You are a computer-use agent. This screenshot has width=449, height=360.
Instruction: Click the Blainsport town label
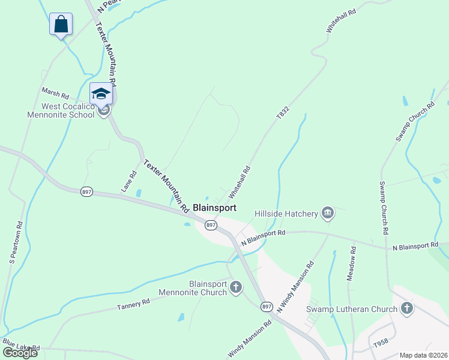pyautogui.click(x=214, y=208)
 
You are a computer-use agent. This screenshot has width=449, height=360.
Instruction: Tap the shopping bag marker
pyautogui.click(x=61, y=25)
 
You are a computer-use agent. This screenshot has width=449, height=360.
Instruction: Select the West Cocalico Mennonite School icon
pyautogui.click(x=101, y=94)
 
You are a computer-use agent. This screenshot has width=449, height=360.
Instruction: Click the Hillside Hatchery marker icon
pyautogui.click(x=328, y=212)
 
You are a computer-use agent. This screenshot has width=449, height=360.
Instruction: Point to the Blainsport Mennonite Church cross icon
pyautogui.click(x=235, y=288)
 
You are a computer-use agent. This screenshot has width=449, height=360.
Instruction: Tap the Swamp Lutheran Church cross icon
pyautogui.click(x=407, y=309)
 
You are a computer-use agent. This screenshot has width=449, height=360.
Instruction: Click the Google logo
pyautogui.click(x=20, y=353)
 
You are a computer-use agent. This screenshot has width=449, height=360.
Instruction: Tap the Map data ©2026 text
pyautogui.click(x=423, y=355)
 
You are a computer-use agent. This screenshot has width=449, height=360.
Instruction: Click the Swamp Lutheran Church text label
pyautogui.click(x=352, y=310)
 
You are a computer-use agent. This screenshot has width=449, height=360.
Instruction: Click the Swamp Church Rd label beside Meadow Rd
pyautogui.click(x=384, y=208)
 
